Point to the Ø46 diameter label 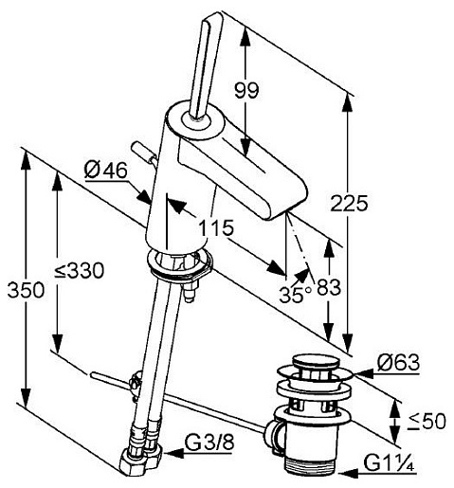coord(106,171)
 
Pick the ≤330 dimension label coord(79,271)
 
